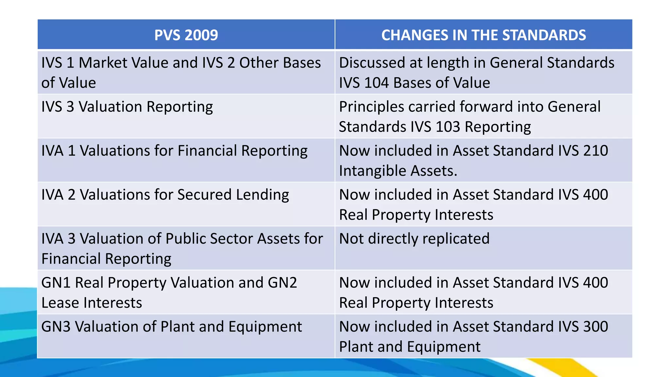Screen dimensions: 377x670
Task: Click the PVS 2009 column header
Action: point(186,35)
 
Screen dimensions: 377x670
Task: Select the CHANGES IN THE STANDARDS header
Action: point(484,35)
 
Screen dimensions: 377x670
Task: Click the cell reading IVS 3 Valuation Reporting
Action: point(127,107)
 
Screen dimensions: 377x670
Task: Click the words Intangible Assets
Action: point(398,171)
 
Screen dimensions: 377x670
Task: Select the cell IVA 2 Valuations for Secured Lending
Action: point(165,195)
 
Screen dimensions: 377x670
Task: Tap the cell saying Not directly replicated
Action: point(414,239)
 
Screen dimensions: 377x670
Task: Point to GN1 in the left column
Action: point(56,283)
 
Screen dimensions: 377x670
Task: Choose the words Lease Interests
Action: point(92,303)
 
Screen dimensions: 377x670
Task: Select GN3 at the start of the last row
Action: point(56,327)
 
